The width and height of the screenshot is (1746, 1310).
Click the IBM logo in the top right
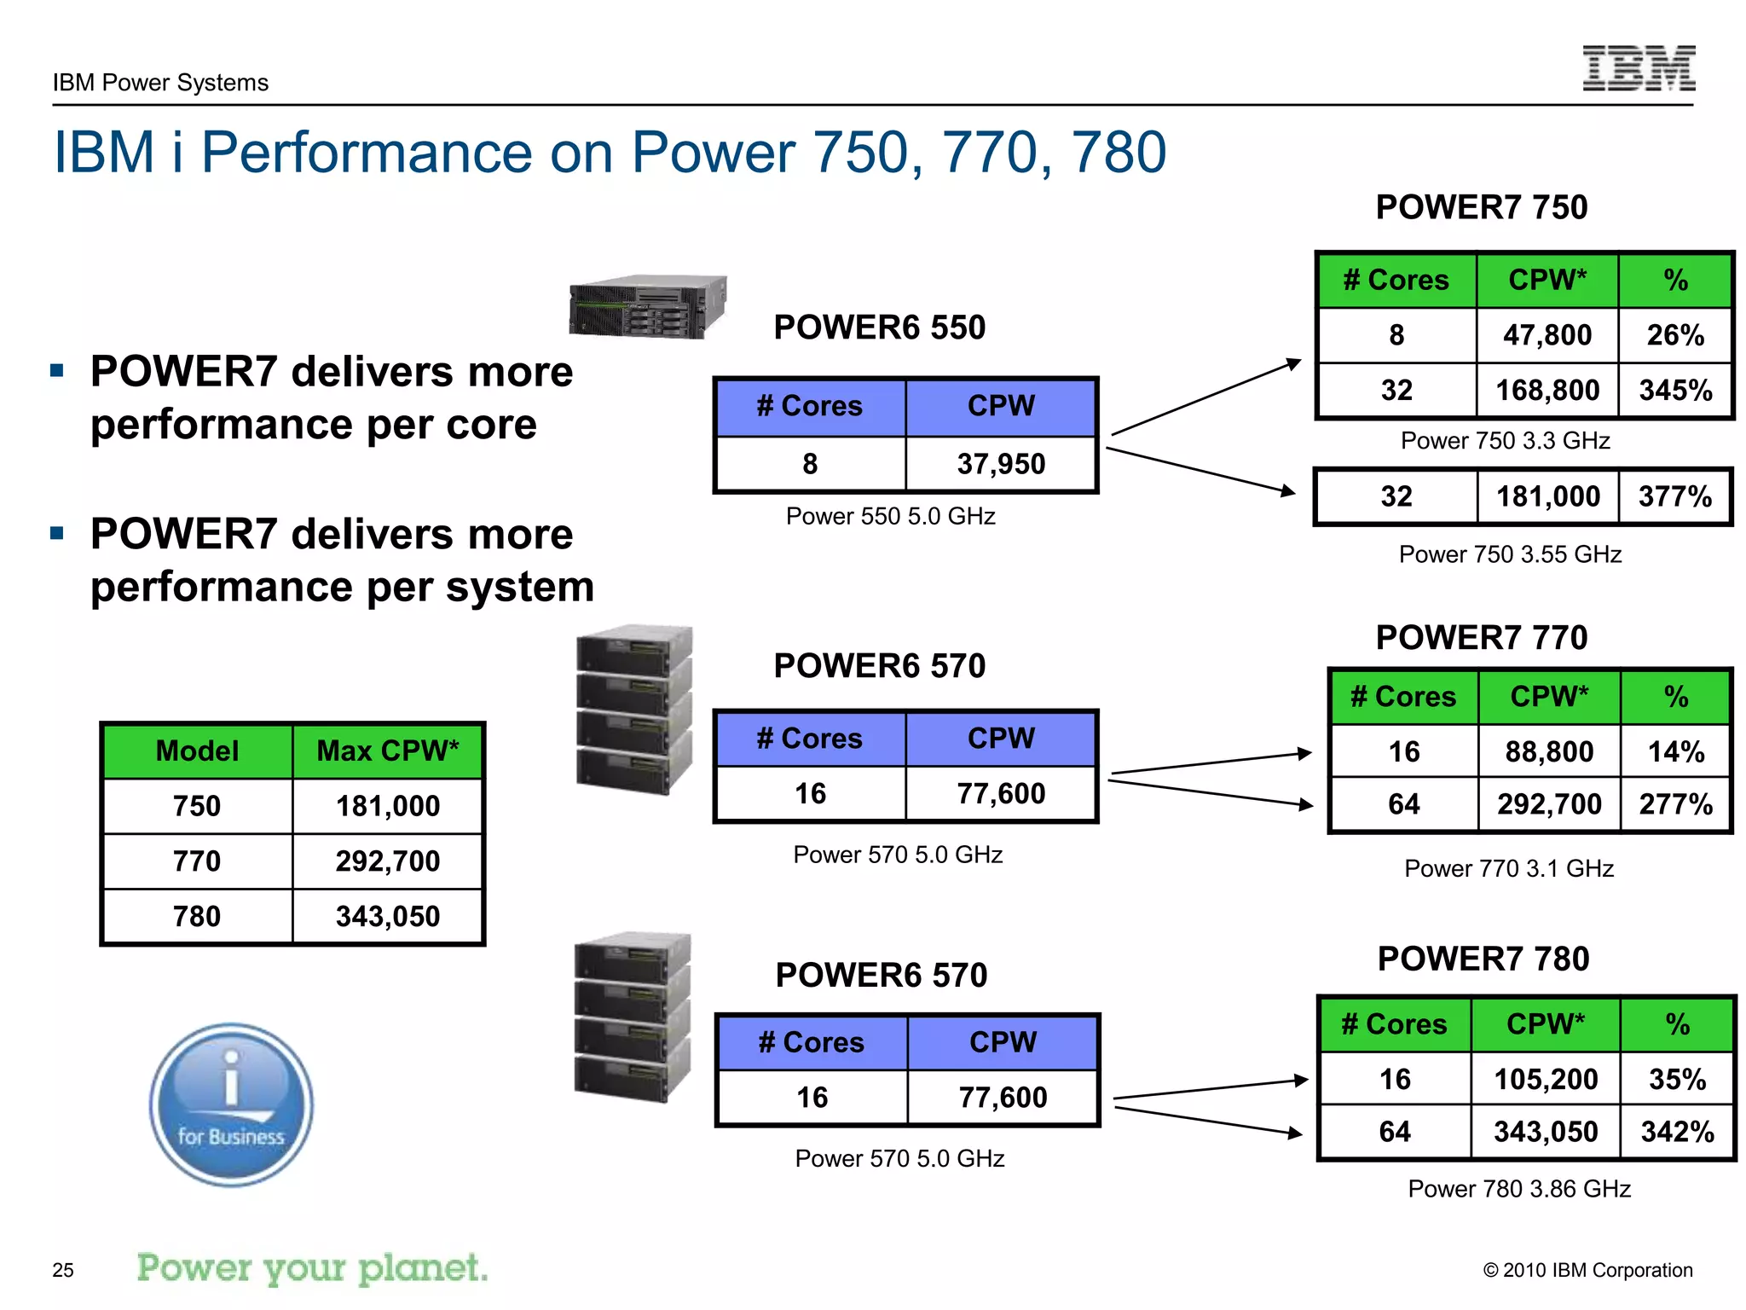click(1638, 68)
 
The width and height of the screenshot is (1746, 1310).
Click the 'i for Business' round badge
click(231, 1105)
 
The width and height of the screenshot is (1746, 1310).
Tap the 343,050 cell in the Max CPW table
click(387, 917)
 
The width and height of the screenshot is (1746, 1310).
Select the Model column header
click(197, 751)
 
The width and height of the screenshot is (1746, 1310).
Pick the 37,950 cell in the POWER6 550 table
click(1000, 464)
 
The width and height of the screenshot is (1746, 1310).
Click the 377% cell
click(1674, 496)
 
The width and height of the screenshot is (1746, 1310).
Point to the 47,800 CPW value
click(1547, 335)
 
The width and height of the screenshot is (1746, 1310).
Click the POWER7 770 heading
click(1481, 638)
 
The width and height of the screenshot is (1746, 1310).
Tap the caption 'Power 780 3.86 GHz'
click(1518, 1189)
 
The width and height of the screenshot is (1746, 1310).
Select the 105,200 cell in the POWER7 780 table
click(1545, 1080)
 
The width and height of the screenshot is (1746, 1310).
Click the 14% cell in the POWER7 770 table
click(1675, 752)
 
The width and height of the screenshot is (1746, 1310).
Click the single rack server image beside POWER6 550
click(647, 306)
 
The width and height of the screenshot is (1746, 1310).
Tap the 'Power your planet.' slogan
click(312, 1268)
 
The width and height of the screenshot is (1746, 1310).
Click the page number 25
click(63, 1270)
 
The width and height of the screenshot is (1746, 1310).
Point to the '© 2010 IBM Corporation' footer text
click(1587, 1270)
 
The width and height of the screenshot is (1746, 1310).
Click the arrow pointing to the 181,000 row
click(1202, 471)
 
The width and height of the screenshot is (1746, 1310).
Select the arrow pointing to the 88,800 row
click(1211, 763)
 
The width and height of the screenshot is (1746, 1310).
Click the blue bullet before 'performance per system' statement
click(57, 534)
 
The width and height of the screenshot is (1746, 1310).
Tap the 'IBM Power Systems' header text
click(160, 83)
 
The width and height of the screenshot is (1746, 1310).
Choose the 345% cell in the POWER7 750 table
click(1674, 391)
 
